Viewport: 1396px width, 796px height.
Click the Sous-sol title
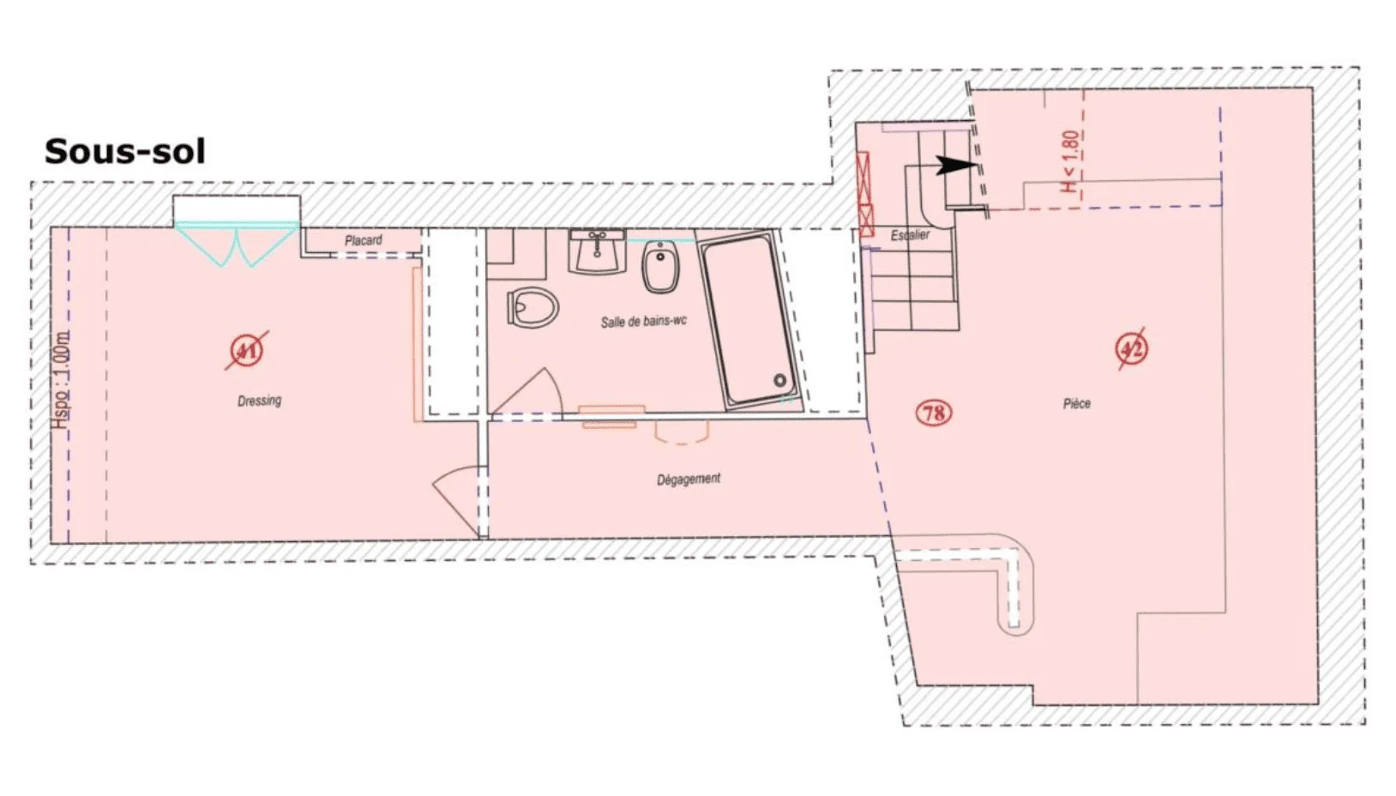(124, 152)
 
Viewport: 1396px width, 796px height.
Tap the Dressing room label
(259, 401)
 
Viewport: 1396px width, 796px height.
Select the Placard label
(364, 240)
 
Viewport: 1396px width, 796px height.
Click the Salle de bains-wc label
(644, 322)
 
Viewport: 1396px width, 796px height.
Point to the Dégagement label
(689, 479)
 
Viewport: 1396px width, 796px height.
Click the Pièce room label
(1077, 403)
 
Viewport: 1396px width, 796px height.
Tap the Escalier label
(910, 235)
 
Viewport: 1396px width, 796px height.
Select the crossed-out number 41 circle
(248, 351)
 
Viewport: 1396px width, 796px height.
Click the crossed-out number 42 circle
(1131, 348)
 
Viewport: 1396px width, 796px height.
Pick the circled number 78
(934, 413)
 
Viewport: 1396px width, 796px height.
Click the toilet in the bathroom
(533, 306)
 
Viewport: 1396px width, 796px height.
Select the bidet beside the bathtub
(660, 267)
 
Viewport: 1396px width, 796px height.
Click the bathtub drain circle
(779, 380)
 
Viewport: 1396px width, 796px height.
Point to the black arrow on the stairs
(957, 166)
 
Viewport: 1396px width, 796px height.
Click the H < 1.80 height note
(1071, 161)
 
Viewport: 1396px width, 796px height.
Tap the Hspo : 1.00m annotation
(60, 381)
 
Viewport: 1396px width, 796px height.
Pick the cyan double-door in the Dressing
(237, 244)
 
